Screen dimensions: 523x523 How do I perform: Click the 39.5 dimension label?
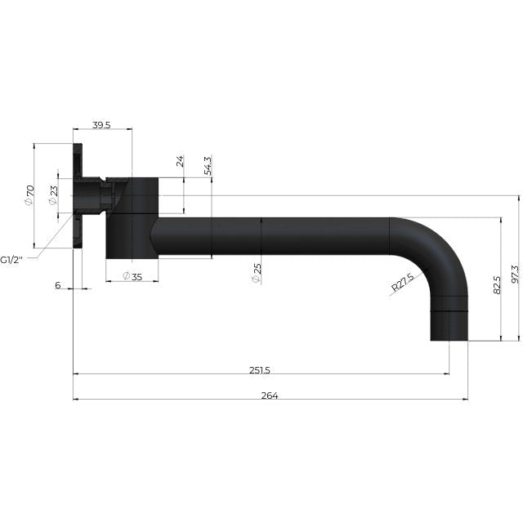click(x=101, y=125)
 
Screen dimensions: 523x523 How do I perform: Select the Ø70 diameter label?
click(x=29, y=195)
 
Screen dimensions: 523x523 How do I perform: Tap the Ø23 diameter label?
click(x=52, y=195)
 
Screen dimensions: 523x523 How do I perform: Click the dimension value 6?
click(x=57, y=284)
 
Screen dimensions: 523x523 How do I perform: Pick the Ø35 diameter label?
click(x=132, y=276)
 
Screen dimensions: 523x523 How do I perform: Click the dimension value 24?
click(x=181, y=161)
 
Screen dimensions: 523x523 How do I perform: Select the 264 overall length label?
click(x=270, y=396)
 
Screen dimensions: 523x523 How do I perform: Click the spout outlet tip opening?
click(x=449, y=337)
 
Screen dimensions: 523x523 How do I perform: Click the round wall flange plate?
click(x=78, y=196)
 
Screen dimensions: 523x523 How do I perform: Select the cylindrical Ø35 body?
click(x=132, y=217)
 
